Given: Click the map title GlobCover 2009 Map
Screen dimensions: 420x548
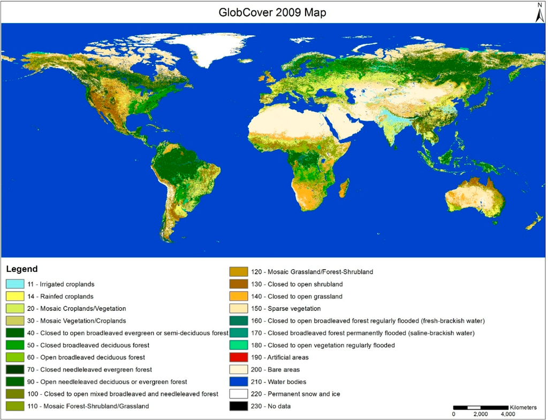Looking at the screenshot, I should tap(273, 12).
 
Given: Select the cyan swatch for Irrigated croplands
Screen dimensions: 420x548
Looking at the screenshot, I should tap(15, 284).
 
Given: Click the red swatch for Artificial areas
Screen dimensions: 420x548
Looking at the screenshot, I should tap(238, 357).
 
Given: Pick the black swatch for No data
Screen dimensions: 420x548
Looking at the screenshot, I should tap(238, 406).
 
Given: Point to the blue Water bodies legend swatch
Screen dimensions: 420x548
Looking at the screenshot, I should tap(238, 382).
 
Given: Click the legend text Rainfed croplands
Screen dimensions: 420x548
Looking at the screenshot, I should tap(60, 296).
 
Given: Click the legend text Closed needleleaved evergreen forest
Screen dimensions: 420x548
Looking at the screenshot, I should tap(89, 369).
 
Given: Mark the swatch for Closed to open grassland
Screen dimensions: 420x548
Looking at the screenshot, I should tap(238, 296).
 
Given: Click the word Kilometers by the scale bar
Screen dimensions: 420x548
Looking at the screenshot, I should tap(523, 407).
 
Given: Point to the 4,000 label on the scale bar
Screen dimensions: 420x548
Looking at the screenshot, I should tap(507, 414).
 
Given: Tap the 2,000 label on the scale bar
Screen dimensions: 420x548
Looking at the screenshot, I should tap(480, 414).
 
